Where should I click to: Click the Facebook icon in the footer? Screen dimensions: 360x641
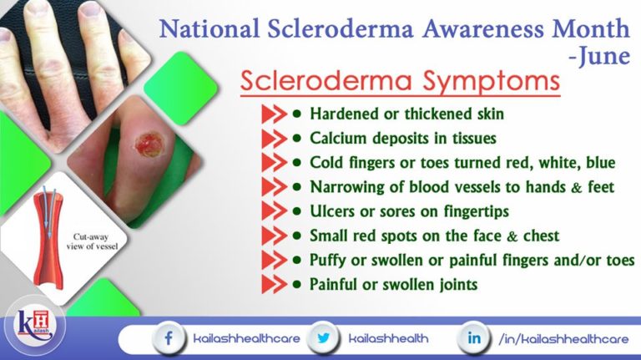coord(170,339)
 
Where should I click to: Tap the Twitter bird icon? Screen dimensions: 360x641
coord(322,339)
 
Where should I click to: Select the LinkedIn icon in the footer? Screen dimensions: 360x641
coord(474,339)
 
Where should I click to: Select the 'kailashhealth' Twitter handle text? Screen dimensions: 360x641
coord(390,339)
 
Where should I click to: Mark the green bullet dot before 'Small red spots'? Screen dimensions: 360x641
coord(296,235)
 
